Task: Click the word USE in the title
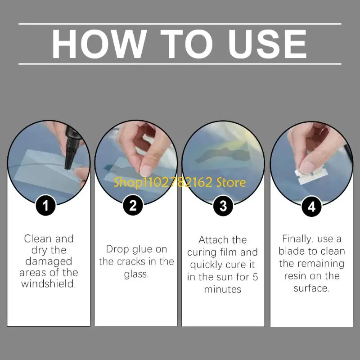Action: coord(267,44)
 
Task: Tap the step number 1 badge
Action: coord(46,205)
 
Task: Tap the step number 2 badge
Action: coord(133,205)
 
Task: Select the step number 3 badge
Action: coord(223,206)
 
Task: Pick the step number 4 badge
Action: coord(311,207)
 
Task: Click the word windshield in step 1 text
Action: coord(49,283)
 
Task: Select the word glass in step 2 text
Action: coord(136,274)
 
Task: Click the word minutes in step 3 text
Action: coord(223,289)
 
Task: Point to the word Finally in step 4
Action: coord(297,239)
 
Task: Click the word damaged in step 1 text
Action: coord(49,262)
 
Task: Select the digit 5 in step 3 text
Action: coord(255,277)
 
